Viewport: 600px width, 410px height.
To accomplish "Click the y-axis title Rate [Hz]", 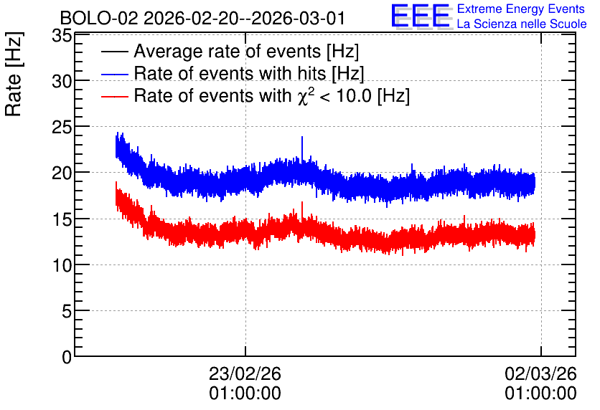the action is (14, 74).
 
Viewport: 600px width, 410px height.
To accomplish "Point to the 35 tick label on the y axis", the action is (62, 36).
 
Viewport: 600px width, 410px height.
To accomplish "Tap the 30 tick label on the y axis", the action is (62, 81).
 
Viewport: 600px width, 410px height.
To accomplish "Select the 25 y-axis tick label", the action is (62, 128).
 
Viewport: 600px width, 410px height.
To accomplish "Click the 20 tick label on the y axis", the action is (62, 173).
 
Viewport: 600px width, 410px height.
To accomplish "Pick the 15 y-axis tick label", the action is (62, 219).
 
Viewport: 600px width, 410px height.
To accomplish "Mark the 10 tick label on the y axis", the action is (62, 265).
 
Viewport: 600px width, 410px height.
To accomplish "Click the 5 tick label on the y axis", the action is (67, 311).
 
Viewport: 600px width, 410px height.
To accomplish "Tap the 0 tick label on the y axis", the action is (67, 357).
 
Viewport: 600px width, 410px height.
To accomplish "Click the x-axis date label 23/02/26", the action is (245, 373).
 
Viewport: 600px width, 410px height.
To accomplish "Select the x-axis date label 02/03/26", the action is (540, 373).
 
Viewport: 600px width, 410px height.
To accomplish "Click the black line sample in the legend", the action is (114, 52).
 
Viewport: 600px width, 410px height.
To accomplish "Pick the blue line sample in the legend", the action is (114, 74).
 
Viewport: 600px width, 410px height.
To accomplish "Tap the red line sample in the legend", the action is (114, 96).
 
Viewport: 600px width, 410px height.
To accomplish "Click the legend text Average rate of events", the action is (228, 51).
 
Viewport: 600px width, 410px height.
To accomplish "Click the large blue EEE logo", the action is (421, 16).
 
